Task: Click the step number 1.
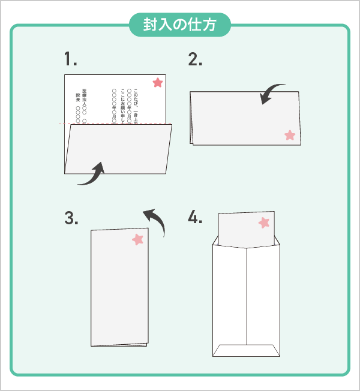[x=71, y=59]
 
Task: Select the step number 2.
[x=195, y=59]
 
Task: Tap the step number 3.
[x=71, y=218]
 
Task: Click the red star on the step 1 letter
[x=157, y=83]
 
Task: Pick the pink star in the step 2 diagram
[x=290, y=135]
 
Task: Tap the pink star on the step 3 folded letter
[x=138, y=239]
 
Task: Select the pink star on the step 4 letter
[x=264, y=223]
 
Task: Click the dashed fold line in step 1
[x=118, y=124]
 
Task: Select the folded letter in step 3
[x=118, y=288]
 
